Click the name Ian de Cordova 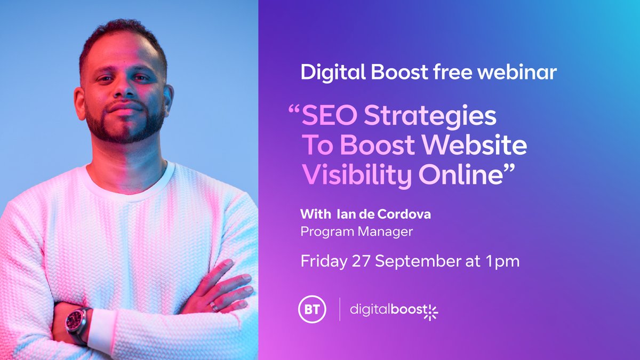click(x=382, y=215)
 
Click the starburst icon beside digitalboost click(x=430, y=311)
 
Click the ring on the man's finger click(x=213, y=306)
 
